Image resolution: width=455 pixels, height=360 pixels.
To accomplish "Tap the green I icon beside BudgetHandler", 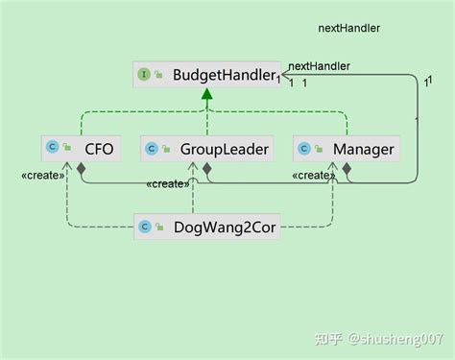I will [144, 74].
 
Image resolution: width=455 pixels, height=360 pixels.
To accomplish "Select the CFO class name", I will [99, 149].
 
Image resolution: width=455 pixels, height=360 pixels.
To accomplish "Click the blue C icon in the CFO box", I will [53, 149].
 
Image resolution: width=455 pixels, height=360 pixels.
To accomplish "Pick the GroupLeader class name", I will [222, 149].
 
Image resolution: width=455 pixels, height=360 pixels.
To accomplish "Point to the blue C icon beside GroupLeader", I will [151, 149].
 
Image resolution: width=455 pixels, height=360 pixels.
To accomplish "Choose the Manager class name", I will [363, 149].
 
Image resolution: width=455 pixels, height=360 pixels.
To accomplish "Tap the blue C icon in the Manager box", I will [304, 149].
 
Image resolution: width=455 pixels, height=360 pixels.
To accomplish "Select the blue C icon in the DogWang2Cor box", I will [145, 227].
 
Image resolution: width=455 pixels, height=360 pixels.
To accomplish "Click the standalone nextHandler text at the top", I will [348, 28].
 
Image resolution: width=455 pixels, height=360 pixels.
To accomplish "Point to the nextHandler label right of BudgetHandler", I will [319, 66].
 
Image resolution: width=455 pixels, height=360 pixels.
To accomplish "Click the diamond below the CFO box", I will [82, 169].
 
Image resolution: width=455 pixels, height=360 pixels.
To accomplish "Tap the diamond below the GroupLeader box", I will [206, 169].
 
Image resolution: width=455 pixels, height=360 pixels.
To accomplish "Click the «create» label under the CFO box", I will [43, 176].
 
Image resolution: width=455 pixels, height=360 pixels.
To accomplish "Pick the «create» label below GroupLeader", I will [168, 183].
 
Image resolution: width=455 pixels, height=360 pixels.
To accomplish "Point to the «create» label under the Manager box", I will [313, 176].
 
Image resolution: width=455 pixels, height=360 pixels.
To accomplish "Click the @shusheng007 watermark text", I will [396, 338].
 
